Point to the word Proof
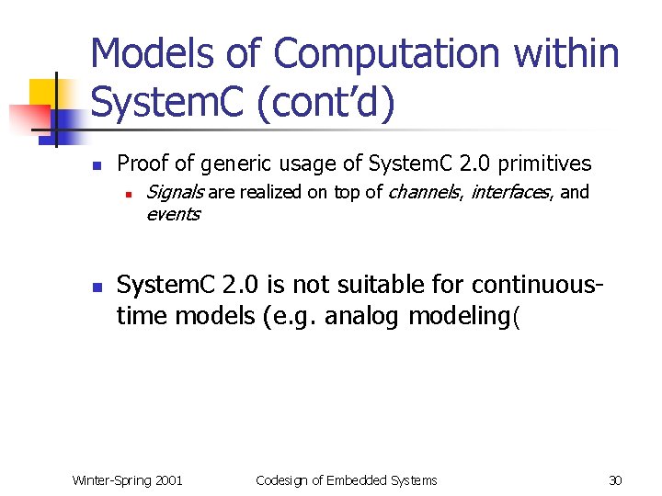click(x=143, y=164)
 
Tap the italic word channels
click(x=427, y=192)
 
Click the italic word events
click(x=172, y=214)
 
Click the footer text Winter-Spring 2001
click(x=127, y=479)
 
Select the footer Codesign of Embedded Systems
click(x=346, y=479)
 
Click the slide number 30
click(x=616, y=479)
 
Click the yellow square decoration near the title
click(x=43, y=92)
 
